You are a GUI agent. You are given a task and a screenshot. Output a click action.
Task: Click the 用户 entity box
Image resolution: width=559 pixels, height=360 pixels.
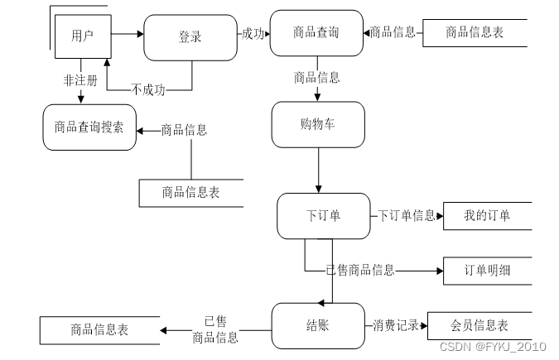[83, 36]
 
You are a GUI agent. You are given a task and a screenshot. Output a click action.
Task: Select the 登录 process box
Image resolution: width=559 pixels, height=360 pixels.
[190, 37]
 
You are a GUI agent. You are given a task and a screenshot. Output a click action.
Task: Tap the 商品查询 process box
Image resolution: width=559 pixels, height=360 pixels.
[316, 33]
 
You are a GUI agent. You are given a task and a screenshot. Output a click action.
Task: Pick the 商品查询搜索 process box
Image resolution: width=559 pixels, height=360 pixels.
[89, 127]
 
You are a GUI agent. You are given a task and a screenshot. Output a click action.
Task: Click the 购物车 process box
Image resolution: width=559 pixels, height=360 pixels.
[318, 124]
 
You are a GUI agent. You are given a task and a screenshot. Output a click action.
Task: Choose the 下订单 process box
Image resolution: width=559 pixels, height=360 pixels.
[323, 216]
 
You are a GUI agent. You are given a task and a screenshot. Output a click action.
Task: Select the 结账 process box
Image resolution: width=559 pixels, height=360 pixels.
[318, 326]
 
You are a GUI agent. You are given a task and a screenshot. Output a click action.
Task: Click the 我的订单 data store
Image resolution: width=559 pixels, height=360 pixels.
[487, 216]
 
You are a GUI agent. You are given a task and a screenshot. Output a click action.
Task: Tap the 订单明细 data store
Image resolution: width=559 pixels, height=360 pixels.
[487, 271]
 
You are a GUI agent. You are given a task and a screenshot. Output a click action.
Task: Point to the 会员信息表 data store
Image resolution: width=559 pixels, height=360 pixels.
[479, 326]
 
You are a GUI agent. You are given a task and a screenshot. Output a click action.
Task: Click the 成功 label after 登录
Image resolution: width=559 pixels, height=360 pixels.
[253, 34]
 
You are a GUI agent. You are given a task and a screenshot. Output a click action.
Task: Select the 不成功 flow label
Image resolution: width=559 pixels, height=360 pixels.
[148, 89]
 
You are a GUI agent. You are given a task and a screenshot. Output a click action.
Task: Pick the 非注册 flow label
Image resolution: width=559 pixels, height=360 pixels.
[80, 80]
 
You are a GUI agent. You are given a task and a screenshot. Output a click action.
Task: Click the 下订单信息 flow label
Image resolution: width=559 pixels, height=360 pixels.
[407, 215]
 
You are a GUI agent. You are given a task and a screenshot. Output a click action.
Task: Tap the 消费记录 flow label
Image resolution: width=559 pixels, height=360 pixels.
[396, 325]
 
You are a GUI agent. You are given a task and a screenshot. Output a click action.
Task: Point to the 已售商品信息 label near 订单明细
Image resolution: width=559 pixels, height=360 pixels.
[360, 270]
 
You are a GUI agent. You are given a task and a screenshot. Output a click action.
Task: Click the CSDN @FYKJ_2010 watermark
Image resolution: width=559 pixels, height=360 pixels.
[493, 347]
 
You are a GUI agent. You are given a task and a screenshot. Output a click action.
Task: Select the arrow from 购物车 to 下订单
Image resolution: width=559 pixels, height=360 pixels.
[318, 170]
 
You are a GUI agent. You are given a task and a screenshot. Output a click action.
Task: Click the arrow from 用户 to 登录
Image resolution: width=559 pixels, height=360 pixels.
[128, 34]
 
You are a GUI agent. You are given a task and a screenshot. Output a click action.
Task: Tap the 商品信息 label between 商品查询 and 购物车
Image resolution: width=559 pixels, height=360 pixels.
[317, 77]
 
